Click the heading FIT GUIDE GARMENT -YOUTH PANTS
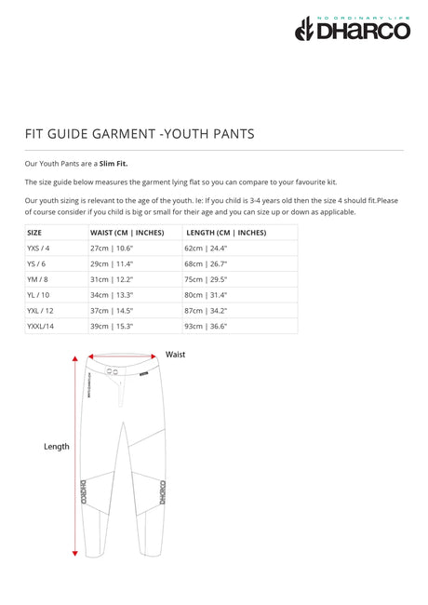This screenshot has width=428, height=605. tap(140, 134)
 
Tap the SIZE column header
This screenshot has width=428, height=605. tap(34, 233)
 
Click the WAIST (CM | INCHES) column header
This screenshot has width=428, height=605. tap(127, 233)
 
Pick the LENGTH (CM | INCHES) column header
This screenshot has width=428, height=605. tap(225, 233)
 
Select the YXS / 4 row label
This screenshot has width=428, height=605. tap(38, 249)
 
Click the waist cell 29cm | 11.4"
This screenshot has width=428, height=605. tap(112, 264)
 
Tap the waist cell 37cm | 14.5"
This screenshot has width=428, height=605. tap(112, 311)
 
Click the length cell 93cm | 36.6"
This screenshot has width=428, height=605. tap(206, 327)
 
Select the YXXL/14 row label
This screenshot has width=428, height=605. tap(42, 327)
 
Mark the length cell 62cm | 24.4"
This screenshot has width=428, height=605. tap(206, 249)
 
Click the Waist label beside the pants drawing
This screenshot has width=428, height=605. tap(175, 355)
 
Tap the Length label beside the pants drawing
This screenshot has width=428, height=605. tap(57, 447)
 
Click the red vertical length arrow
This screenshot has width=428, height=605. tap(75, 456)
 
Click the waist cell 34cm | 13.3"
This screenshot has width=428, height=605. tap(112, 295)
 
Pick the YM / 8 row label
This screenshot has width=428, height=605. tap(38, 279)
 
